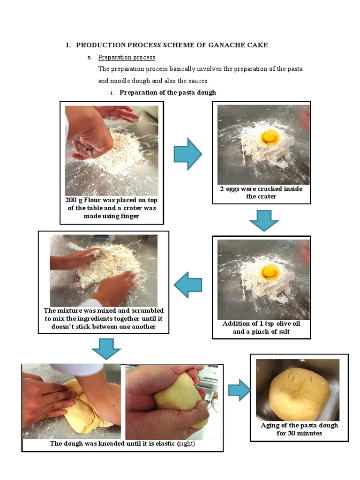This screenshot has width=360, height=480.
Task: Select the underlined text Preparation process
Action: coord(127,57)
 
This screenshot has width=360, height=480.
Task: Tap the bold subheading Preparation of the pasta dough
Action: coord(168,92)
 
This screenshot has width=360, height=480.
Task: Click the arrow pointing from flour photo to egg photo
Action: coord(187,154)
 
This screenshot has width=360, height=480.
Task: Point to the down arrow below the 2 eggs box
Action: coord(264,220)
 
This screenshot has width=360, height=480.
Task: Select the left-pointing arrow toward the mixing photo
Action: coord(188,285)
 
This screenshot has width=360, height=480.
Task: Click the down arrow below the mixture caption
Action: coord(106,349)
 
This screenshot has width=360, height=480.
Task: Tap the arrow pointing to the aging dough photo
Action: coord(240,390)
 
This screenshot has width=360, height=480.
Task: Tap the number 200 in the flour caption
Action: coord(71,200)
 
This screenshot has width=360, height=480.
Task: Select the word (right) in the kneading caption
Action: coord(186,443)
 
